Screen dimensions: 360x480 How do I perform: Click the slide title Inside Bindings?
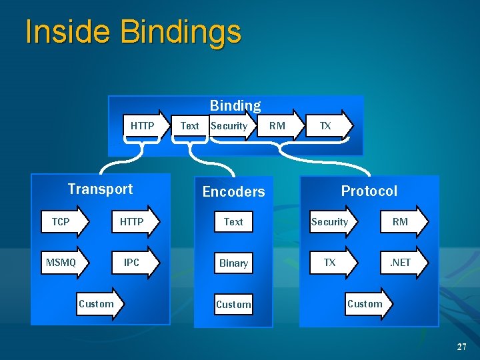tap(133, 32)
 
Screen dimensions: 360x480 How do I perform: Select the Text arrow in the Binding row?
tap(190, 126)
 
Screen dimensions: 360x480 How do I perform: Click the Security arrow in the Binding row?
tap(231, 126)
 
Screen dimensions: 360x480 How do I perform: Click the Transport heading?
tap(100, 189)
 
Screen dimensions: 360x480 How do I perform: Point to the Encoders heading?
tap(233, 192)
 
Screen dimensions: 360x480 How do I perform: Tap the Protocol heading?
tap(369, 191)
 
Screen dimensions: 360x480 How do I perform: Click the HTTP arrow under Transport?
tap(134, 222)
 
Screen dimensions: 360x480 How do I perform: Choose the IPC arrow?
tap(134, 263)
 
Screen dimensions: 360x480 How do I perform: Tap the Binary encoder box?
tap(233, 263)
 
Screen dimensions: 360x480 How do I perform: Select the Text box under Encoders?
tap(233, 222)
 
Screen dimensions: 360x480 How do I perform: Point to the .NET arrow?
tap(402, 263)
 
